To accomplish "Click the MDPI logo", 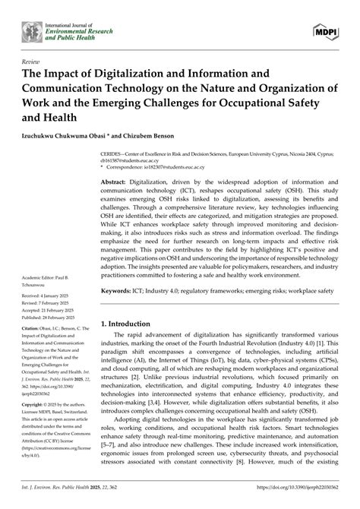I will point(326,29).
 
